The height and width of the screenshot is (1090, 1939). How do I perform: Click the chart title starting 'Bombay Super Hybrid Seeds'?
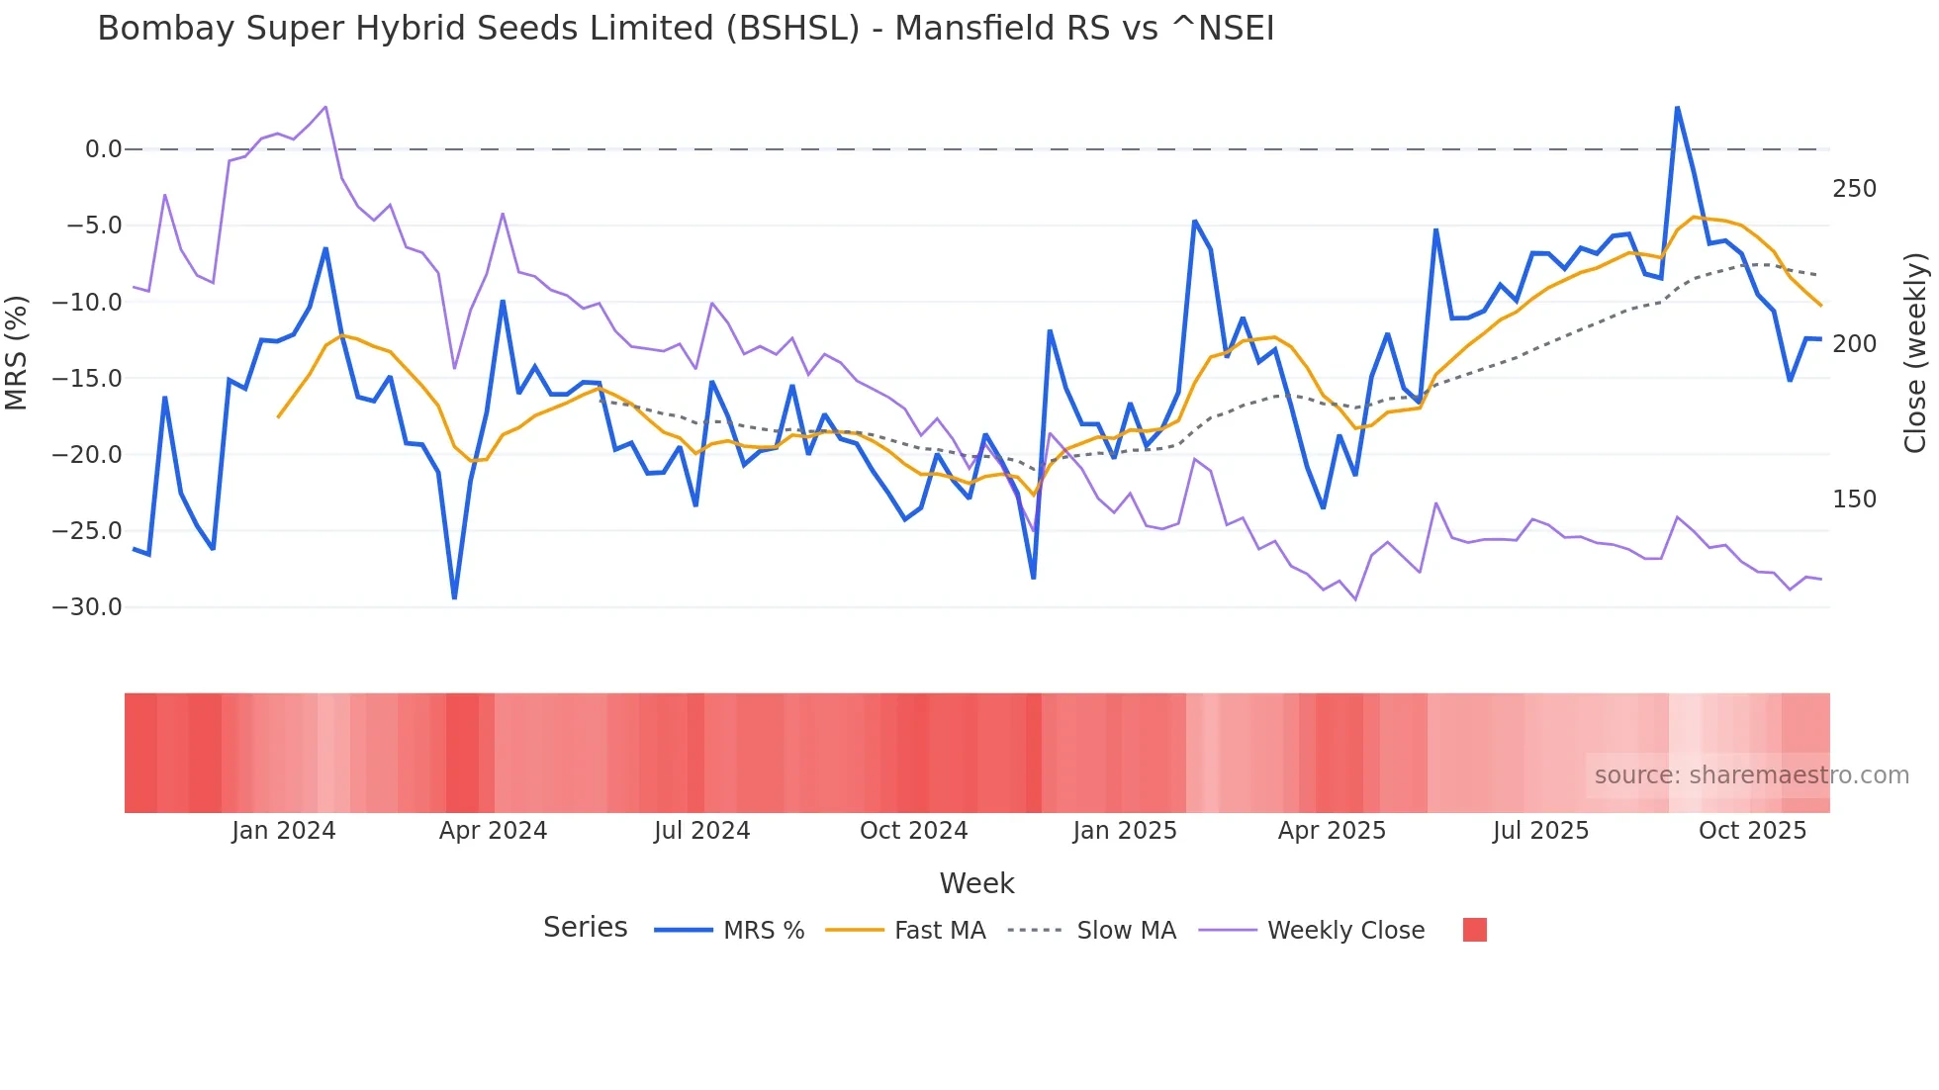click(x=686, y=29)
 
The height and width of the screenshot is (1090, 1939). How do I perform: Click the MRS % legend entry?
click(x=763, y=931)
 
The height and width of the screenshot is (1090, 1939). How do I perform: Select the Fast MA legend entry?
click(x=939, y=931)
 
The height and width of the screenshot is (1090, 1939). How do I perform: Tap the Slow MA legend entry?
click(x=1126, y=931)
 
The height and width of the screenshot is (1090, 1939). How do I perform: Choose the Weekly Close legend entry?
click(x=1345, y=931)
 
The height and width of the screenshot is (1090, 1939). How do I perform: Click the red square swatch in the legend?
click(x=1474, y=930)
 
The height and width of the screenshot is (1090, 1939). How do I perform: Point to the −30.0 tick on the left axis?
click(x=87, y=607)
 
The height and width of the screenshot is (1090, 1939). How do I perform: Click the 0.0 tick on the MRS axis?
click(x=103, y=149)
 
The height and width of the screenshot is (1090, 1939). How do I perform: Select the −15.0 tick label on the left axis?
click(x=87, y=379)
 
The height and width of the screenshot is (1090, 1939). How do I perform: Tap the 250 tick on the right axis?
click(x=1854, y=189)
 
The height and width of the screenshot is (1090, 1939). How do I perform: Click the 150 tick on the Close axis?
click(x=1854, y=500)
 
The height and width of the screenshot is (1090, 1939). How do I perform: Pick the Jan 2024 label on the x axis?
click(x=284, y=831)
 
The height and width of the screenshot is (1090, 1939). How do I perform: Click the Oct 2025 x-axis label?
click(x=1752, y=831)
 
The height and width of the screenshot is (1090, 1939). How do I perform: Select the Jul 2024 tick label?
click(x=701, y=831)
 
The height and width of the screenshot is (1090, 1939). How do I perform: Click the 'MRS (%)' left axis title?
click(x=17, y=353)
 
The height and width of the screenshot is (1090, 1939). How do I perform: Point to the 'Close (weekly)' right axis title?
click(x=1915, y=353)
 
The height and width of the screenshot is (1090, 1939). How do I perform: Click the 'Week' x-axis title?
click(x=976, y=883)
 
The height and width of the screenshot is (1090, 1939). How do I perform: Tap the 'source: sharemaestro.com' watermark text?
click(x=1751, y=775)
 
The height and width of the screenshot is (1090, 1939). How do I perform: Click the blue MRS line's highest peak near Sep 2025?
click(x=1677, y=107)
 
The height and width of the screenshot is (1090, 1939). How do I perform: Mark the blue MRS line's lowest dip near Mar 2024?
click(x=454, y=597)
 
